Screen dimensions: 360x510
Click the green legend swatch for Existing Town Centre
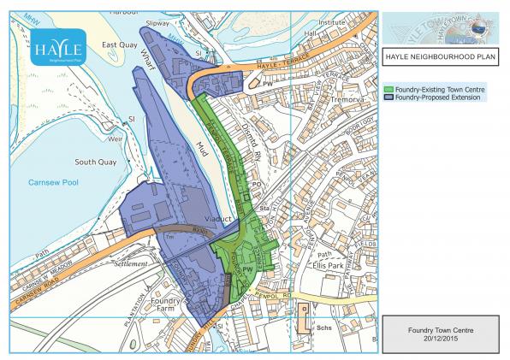point(388,89)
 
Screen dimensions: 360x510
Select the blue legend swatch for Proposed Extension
point(388,97)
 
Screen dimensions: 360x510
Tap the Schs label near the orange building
point(323,327)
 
